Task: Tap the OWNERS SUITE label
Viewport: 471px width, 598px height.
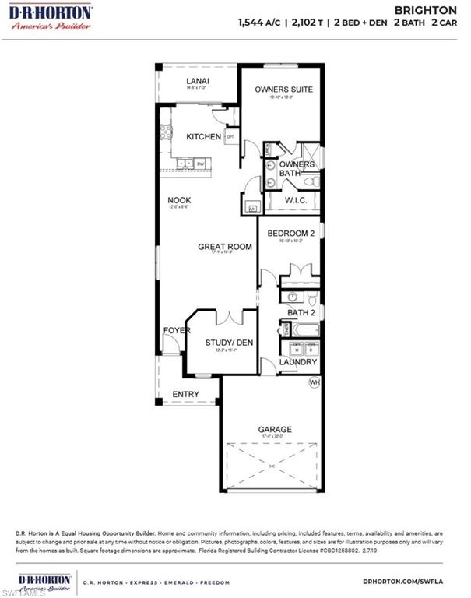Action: (283, 90)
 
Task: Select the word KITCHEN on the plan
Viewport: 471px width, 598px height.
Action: (203, 137)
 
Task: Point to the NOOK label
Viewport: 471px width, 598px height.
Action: (179, 200)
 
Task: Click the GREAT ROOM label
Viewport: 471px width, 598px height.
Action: (224, 247)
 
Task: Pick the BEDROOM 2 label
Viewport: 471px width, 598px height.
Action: (290, 234)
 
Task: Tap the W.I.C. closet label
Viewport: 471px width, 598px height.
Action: (296, 200)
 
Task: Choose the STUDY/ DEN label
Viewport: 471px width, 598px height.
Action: (229, 343)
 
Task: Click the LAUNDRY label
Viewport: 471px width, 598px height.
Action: (298, 362)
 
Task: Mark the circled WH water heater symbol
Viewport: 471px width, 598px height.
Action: (315, 382)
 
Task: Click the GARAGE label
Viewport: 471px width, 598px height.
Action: (275, 429)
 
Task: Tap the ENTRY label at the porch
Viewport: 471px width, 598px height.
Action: (185, 395)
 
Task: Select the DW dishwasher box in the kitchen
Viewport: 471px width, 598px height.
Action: (200, 164)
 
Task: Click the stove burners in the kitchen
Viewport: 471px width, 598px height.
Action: (166, 132)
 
